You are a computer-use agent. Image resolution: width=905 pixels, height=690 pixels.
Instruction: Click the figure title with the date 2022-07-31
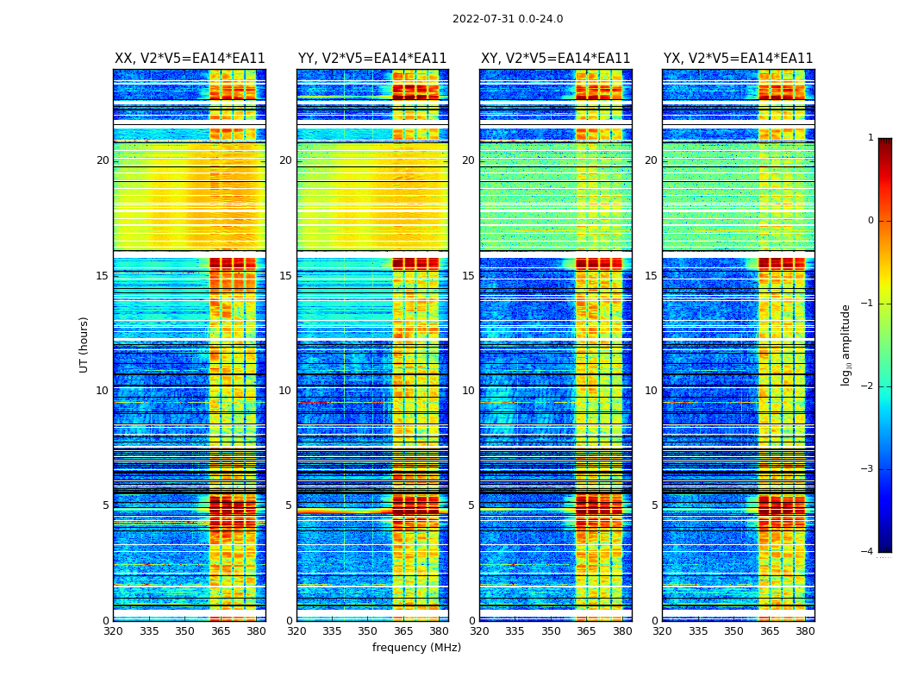point(508,19)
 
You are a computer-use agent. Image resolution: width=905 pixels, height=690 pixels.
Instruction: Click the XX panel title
point(190,59)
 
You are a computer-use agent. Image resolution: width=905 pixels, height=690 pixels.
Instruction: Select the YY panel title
point(372,59)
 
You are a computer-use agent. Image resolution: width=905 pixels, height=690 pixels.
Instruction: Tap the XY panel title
point(555,59)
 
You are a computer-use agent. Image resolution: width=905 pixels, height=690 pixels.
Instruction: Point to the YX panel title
point(738,59)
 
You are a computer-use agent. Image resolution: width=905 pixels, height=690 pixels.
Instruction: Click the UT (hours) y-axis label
point(84,344)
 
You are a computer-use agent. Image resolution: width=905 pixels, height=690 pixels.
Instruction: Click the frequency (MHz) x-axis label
point(416,648)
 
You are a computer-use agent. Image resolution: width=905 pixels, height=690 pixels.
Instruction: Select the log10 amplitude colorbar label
point(846,344)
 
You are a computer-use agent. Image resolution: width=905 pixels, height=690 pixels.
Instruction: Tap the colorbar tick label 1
point(871,138)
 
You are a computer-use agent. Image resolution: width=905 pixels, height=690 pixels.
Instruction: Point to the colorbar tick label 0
point(871,221)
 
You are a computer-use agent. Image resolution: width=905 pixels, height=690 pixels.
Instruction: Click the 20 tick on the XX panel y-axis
point(103,160)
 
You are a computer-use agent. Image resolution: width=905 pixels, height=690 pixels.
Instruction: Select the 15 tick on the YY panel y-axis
point(285,276)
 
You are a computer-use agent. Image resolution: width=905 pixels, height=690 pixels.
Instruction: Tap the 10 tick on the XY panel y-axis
point(468,391)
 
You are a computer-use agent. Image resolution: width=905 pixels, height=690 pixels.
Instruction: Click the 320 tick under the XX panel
point(114,631)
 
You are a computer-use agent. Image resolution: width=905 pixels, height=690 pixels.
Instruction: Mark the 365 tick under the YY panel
point(403,631)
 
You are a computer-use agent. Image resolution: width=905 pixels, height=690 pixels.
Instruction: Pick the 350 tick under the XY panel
point(551,631)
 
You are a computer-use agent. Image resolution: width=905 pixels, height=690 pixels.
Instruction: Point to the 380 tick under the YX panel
point(805,631)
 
